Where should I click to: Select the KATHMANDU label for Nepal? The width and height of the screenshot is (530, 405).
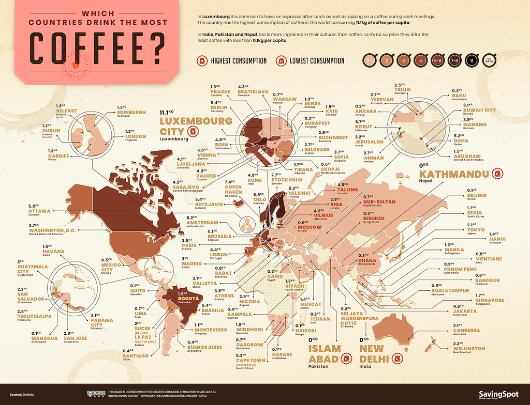point(454,174)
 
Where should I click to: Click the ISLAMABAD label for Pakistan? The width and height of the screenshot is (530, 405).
point(325,354)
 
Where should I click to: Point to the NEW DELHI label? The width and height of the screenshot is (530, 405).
point(375,354)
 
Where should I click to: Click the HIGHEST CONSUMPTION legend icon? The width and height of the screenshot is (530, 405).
point(201,61)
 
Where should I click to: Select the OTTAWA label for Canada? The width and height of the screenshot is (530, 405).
point(39,211)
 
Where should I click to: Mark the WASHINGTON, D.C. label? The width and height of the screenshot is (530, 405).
point(52,230)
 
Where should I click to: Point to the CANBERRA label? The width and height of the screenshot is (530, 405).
point(466,331)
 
